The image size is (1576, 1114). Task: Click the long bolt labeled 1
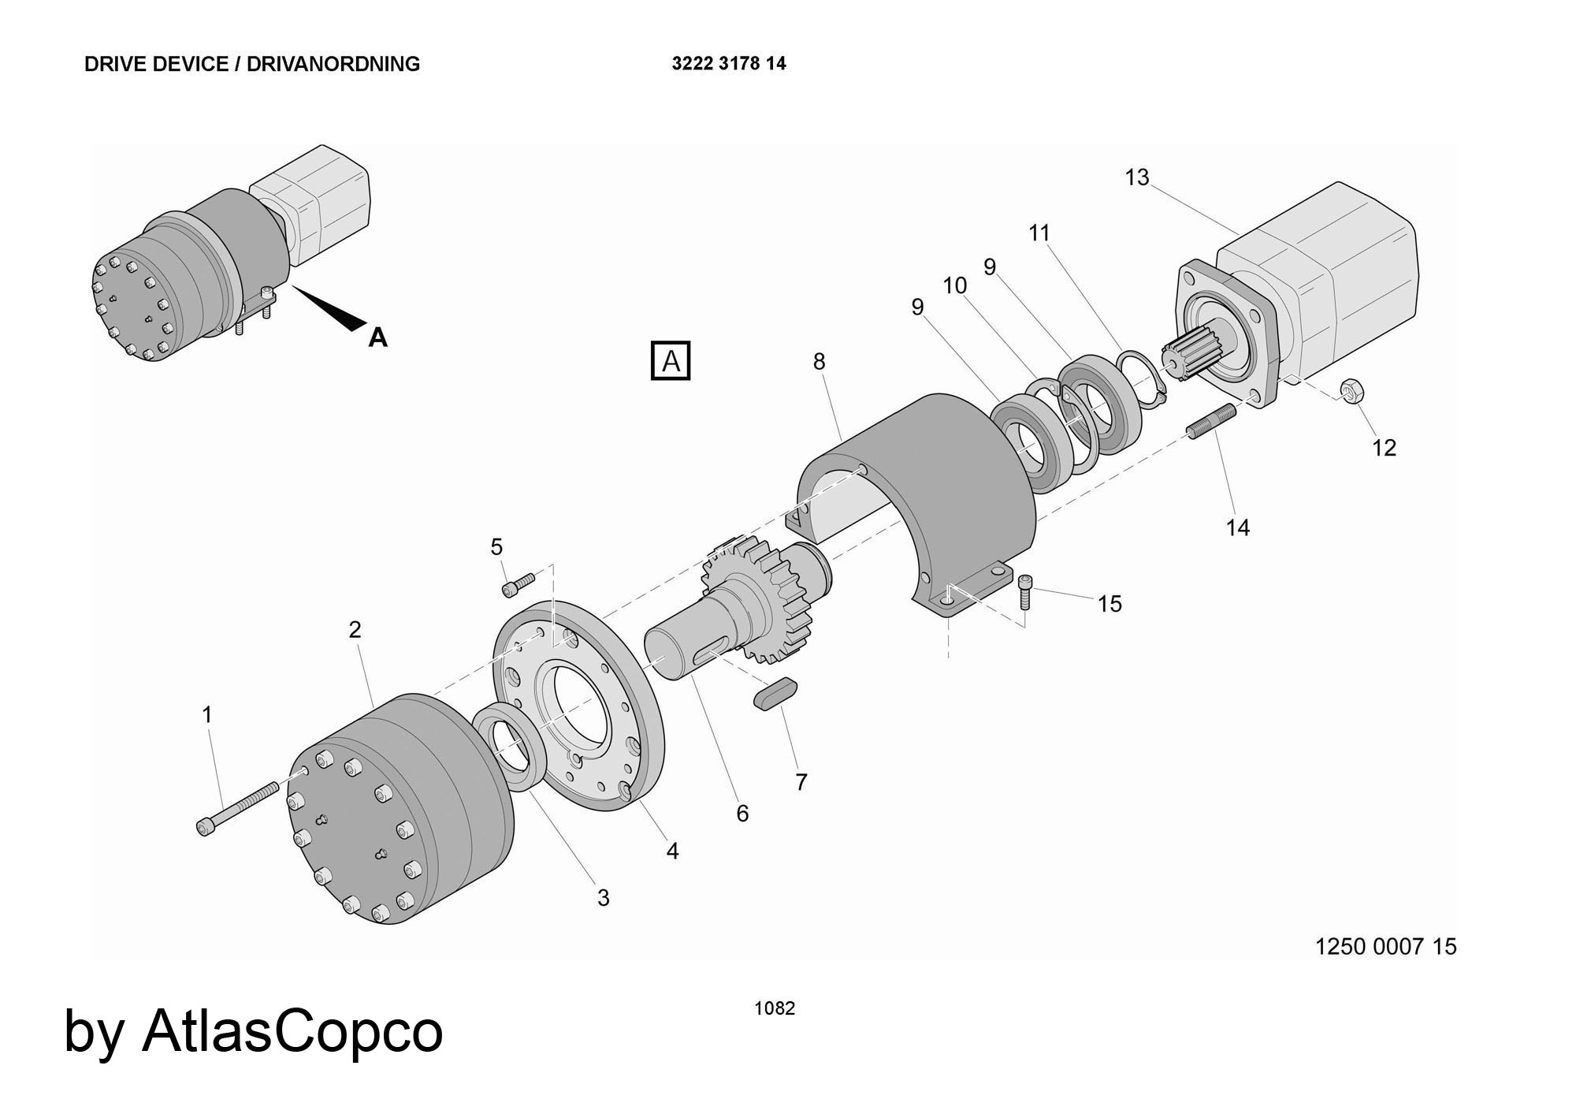(x=236, y=807)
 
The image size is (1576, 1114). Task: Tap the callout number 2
(x=355, y=630)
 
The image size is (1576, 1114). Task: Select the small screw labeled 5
(x=518, y=584)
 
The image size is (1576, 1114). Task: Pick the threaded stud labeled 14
(x=1211, y=421)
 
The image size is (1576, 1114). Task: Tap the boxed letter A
(x=671, y=361)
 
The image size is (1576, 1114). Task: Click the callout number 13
(x=1136, y=178)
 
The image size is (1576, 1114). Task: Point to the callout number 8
(x=819, y=361)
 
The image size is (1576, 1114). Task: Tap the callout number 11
(x=1039, y=233)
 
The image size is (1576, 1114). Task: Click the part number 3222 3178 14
(x=728, y=64)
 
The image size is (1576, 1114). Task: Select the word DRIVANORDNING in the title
(x=333, y=64)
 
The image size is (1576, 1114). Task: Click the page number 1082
(x=775, y=1008)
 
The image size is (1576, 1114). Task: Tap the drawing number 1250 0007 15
(x=1385, y=946)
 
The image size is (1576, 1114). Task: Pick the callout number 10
(x=954, y=285)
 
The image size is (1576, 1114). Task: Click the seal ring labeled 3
(x=510, y=744)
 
